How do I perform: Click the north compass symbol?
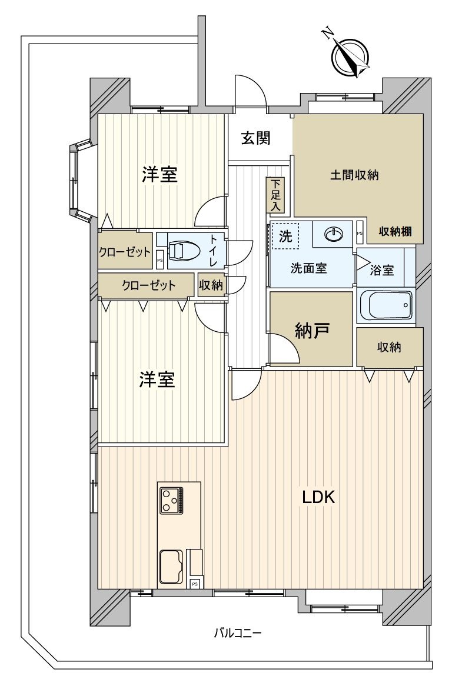(350, 57)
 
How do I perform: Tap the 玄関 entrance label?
(256, 138)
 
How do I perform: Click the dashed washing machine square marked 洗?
(285, 236)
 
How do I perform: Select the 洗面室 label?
(308, 268)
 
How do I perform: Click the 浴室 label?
(382, 271)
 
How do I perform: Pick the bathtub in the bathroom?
(385, 305)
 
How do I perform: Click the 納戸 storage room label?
(311, 331)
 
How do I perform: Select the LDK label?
(318, 498)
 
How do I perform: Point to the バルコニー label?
(237, 633)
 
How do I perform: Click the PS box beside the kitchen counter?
(195, 584)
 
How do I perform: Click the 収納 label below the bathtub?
(389, 347)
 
